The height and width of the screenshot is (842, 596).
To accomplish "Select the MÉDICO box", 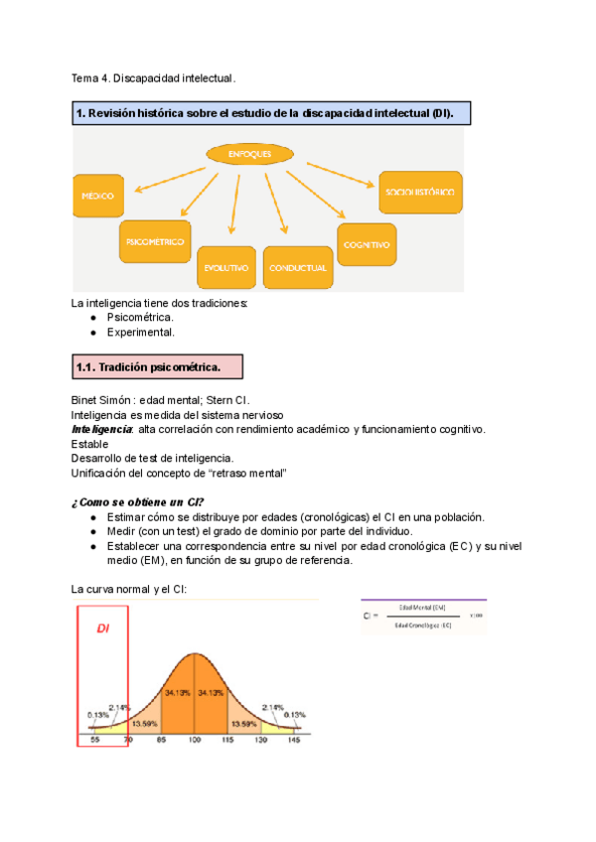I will click(97, 196).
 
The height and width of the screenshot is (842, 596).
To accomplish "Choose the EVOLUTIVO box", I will click(226, 267).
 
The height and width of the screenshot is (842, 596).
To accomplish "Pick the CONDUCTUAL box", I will click(297, 267).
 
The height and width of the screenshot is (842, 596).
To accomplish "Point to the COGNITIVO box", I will click(367, 243).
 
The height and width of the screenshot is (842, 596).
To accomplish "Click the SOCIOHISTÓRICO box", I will click(418, 192).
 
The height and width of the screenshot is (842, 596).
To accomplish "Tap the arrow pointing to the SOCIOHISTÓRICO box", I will click(333, 171).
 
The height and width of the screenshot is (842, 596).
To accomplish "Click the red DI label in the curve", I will click(102, 628).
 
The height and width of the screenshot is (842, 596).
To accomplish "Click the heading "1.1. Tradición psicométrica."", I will click(155, 368).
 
